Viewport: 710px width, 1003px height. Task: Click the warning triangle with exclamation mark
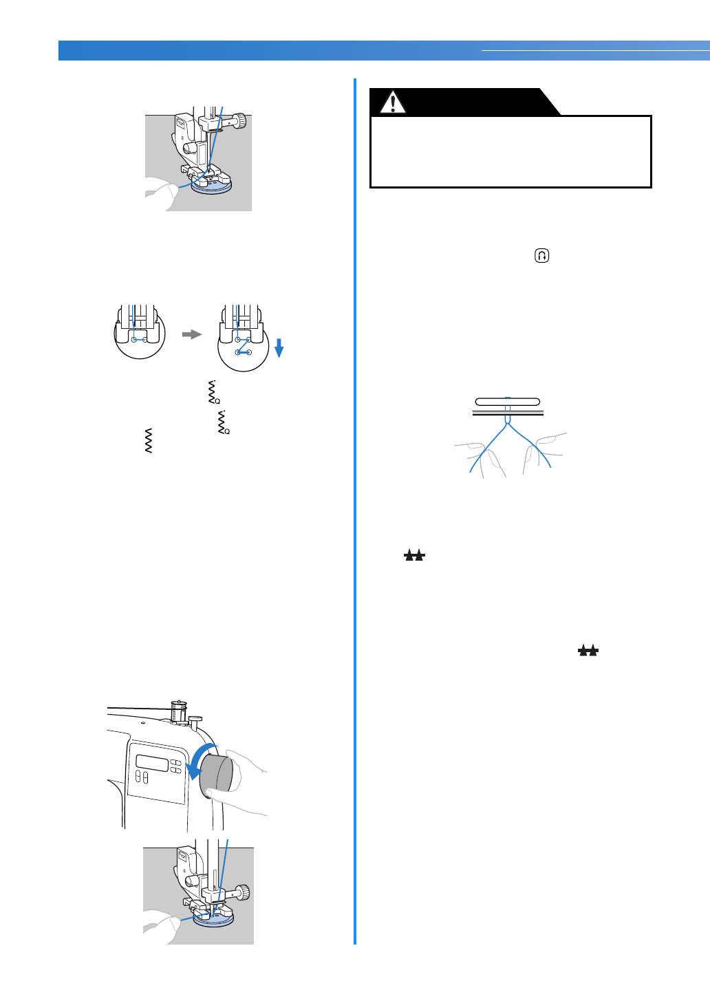(393, 103)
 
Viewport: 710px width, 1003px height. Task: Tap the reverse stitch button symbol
(542, 256)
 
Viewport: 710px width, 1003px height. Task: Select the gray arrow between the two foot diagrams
(191, 334)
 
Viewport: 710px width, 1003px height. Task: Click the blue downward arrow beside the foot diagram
(279, 347)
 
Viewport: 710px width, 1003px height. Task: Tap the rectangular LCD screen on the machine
(152, 763)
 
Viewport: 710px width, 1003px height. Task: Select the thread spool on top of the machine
(178, 711)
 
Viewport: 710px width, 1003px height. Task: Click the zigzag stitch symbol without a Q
(149, 440)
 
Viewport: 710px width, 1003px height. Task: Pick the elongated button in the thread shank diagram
(508, 402)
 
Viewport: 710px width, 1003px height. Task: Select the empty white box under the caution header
(510, 151)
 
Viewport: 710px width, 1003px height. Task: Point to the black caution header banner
(461, 102)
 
